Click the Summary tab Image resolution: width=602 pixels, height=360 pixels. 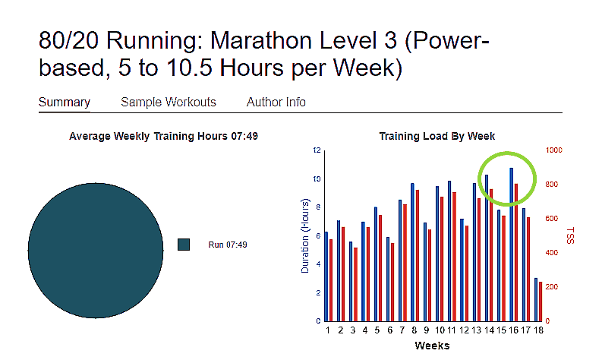(65, 102)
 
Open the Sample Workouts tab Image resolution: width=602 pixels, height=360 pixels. (169, 102)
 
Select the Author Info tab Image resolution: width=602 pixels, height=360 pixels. (276, 102)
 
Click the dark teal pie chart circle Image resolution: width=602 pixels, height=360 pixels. (96, 243)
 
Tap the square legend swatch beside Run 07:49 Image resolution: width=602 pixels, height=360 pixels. (183, 244)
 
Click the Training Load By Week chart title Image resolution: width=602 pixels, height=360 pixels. (437, 136)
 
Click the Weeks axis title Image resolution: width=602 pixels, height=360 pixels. (432, 346)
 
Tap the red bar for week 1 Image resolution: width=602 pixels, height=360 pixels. (331, 279)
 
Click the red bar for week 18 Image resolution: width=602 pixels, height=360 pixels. (541, 302)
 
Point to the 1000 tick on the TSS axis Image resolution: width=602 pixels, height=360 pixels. (553, 150)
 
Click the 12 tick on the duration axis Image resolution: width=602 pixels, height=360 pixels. (317, 150)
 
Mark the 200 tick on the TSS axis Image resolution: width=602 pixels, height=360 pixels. (553, 287)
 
